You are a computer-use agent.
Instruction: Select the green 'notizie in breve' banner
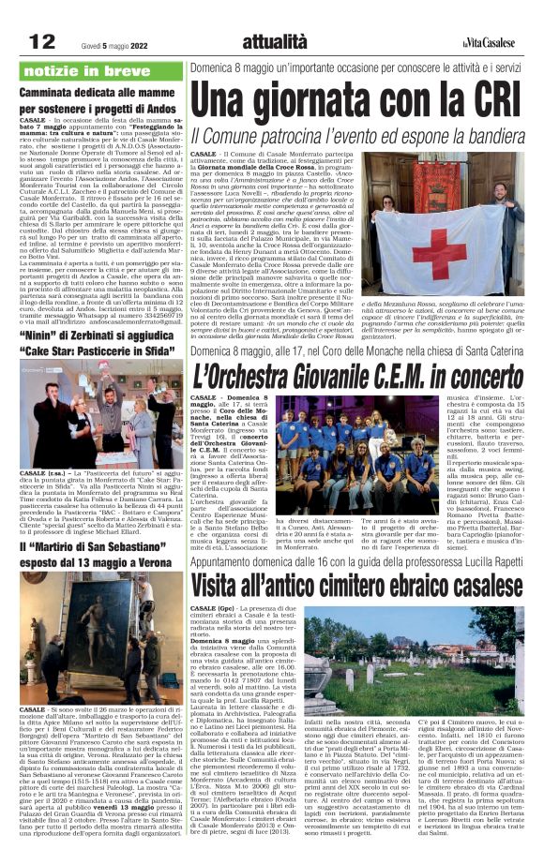pyautogui.click(x=102, y=71)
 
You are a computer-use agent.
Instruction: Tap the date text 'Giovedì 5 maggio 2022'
pyautogui.click(x=102, y=43)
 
